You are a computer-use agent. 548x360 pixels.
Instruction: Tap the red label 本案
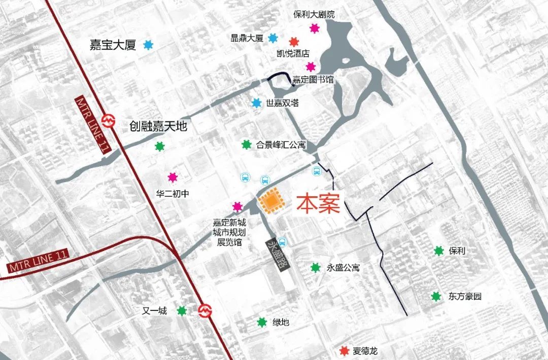click(x=318, y=204)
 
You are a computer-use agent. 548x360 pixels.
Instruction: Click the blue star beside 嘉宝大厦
click(x=148, y=45)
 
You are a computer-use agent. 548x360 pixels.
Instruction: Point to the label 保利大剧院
click(x=314, y=15)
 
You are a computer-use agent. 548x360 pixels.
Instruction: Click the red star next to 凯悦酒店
click(x=294, y=42)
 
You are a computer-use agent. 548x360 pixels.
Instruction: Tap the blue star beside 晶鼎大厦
click(x=273, y=38)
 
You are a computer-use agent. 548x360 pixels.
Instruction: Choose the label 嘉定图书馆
click(x=313, y=80)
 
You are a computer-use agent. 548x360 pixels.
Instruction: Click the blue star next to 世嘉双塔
click(x=257, y=103)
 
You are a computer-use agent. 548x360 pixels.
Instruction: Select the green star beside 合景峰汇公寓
click(x=247, y=145)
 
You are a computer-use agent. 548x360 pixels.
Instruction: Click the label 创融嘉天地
click(x=157, y=126)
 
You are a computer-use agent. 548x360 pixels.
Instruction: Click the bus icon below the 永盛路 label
click(x=282, y=242)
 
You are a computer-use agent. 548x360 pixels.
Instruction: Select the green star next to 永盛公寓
click(x=316, y=268)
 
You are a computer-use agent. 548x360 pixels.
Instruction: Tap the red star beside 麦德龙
click(x=345, y=351)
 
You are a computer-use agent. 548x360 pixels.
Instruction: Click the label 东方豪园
click(x=464, y=297)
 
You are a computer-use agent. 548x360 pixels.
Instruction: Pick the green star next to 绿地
click(x=262, y=322)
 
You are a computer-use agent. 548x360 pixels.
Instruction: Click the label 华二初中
click(x=173, y=193)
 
